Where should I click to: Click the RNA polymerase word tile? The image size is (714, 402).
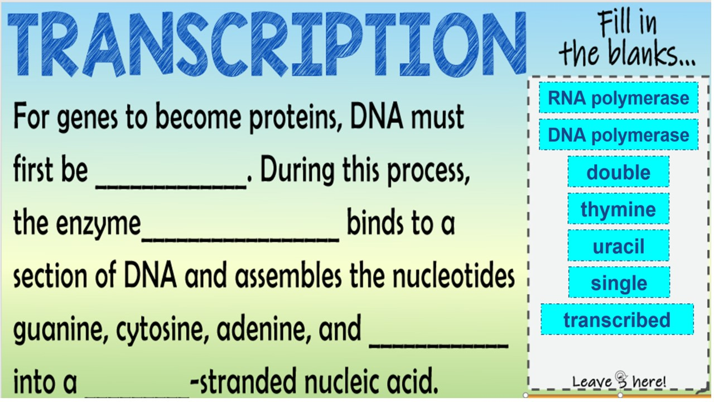[619, 98]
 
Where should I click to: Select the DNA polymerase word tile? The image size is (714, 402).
[619, 135]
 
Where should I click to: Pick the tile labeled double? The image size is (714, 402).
[619, 171]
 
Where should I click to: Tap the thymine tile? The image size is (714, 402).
[619, 209]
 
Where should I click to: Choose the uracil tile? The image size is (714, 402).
[619, 246]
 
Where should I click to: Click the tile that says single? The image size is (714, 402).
[619, 283]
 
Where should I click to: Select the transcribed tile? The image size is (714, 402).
[617, 319]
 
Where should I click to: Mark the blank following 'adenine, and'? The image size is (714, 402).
[439, 346]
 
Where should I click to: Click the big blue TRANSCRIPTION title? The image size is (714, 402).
[267, 44]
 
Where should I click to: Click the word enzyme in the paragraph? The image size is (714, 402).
[98, 224]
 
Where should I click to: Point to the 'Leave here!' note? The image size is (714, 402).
[619, 381]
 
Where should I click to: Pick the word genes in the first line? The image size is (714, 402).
[88, 118]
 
